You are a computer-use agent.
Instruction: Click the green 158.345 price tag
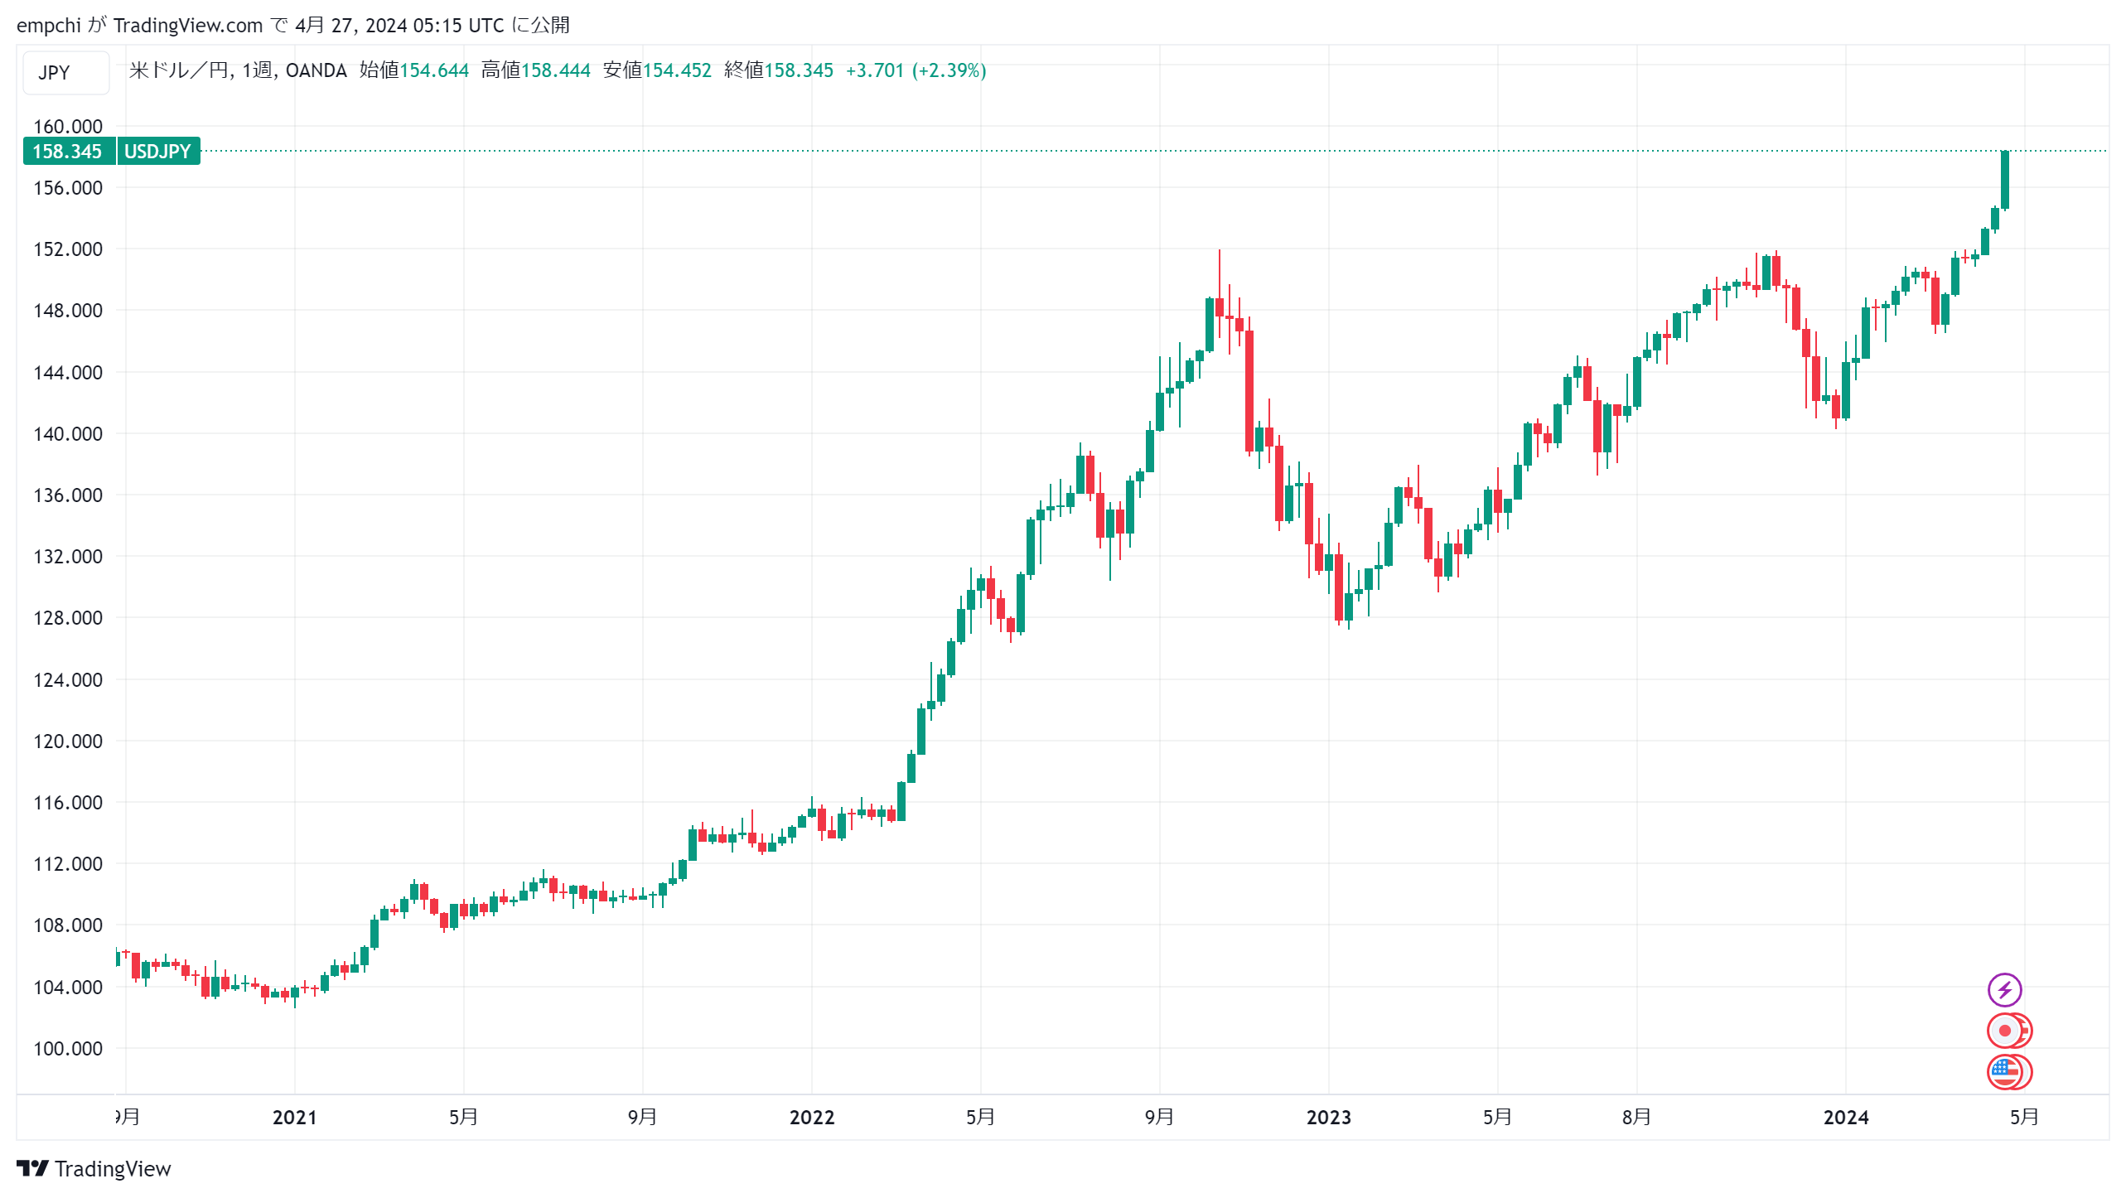click(x=68, y=152)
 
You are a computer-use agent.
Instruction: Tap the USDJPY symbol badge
click(x=157, y=152)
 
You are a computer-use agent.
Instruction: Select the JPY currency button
click(x=55, y=73)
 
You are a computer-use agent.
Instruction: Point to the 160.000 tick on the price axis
click(x=68, y=127)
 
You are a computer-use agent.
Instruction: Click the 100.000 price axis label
click(x=68, y=1048)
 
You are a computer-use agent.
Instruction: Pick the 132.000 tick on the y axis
click(x=68, y=557)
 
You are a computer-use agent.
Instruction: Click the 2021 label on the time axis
click(x=294, y=1118)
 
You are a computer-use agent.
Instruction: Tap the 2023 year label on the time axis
click(x=1328, y=1118)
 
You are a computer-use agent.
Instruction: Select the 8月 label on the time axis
click(x=1636, y=1118)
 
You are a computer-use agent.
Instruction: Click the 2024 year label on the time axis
click(x=1845, y=1118)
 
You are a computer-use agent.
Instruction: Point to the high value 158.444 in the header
click(x=555, y=70)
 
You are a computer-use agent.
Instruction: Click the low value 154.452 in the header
click(x=677, y=70)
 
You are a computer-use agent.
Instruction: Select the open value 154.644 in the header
click(x=434, y=70)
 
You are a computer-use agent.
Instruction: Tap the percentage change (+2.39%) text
click(x=949, y=70)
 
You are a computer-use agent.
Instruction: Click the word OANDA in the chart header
click(x=316, y=70)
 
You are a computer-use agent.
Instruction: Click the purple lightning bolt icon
click(x=2004, y=989)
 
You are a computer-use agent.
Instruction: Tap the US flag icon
click(x=2004, y=1071)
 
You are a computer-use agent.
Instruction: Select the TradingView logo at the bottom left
click(x=93, y=1168)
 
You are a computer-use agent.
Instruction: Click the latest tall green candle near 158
click(x=2005, y=179)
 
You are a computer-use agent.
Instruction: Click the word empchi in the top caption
click(x=48, y=26)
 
